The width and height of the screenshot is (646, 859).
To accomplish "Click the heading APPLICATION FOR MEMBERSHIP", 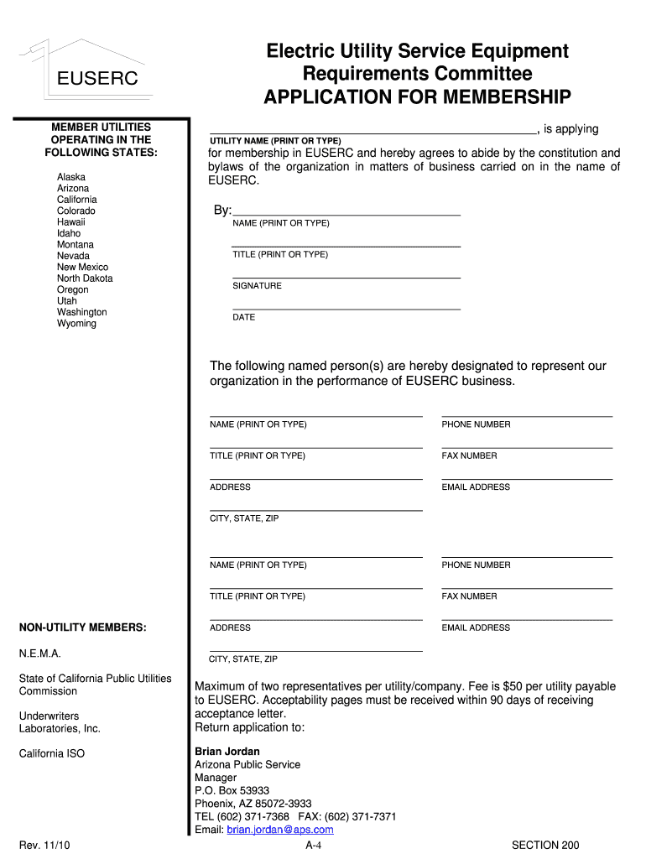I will point(417,96).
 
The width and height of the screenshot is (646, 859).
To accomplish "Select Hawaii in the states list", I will point(71,222).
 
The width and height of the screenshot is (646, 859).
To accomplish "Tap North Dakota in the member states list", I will point(85,278).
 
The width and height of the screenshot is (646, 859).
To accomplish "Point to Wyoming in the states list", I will point(76,323).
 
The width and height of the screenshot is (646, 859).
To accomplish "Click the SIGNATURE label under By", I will point(257,286).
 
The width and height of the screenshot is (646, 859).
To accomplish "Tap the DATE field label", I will point(243,317).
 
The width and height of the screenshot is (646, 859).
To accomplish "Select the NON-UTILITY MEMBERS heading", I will point(83,627).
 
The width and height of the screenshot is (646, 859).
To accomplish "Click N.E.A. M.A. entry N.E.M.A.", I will point(40,653).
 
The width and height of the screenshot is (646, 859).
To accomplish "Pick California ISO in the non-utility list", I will point(52,753).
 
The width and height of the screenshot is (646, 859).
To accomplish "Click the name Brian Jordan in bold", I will point(227,752).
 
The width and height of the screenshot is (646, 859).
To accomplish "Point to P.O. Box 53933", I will point(232,790).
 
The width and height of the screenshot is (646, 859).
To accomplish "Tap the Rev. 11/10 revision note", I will point(44,845).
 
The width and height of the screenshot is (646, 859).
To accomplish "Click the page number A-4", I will point(314,845).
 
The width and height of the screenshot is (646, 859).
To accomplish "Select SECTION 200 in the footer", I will point(545,845).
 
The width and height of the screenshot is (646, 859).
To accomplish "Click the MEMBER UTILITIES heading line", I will point(102,127).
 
